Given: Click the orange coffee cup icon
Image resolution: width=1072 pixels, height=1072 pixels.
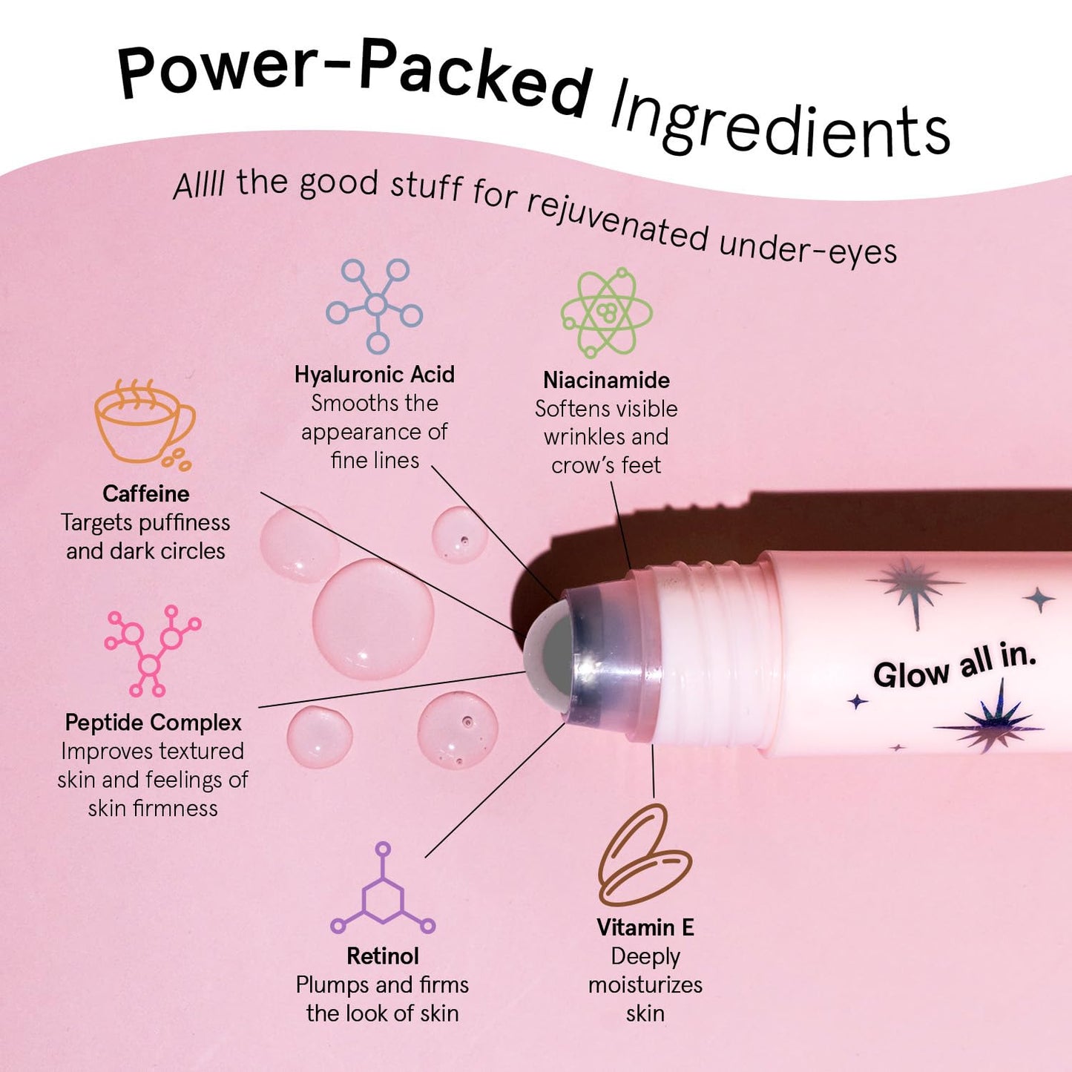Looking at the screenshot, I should (x=143, y=424).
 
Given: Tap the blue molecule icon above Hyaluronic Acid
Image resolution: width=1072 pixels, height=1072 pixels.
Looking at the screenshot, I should (x=375, y=305).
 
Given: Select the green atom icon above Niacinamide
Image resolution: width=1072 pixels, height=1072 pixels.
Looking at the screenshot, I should (x=606, y=312).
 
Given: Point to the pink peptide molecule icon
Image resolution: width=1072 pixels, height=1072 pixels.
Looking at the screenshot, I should (x=151, y=651).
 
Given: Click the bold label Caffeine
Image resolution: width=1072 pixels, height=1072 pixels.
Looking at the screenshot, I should (x=146, y=494).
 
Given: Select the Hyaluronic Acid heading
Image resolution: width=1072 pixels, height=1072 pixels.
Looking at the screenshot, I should (x=375, y=375).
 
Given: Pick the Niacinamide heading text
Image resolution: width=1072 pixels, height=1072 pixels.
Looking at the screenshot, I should (x=606, y=381).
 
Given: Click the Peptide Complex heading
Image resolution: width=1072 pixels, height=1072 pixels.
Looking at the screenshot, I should (x=154, y=723).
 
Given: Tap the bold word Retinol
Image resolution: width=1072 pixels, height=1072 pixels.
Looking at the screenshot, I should (x=383, y=956).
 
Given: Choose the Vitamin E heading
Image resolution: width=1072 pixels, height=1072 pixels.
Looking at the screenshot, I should (x=645, y=928).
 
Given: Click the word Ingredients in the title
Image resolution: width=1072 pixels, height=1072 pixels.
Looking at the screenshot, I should (x=779, y=122).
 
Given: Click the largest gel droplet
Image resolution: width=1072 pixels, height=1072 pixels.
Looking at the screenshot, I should (x=372, y=619).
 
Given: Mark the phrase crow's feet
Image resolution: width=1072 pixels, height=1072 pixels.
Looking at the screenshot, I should (x=606, y=466).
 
